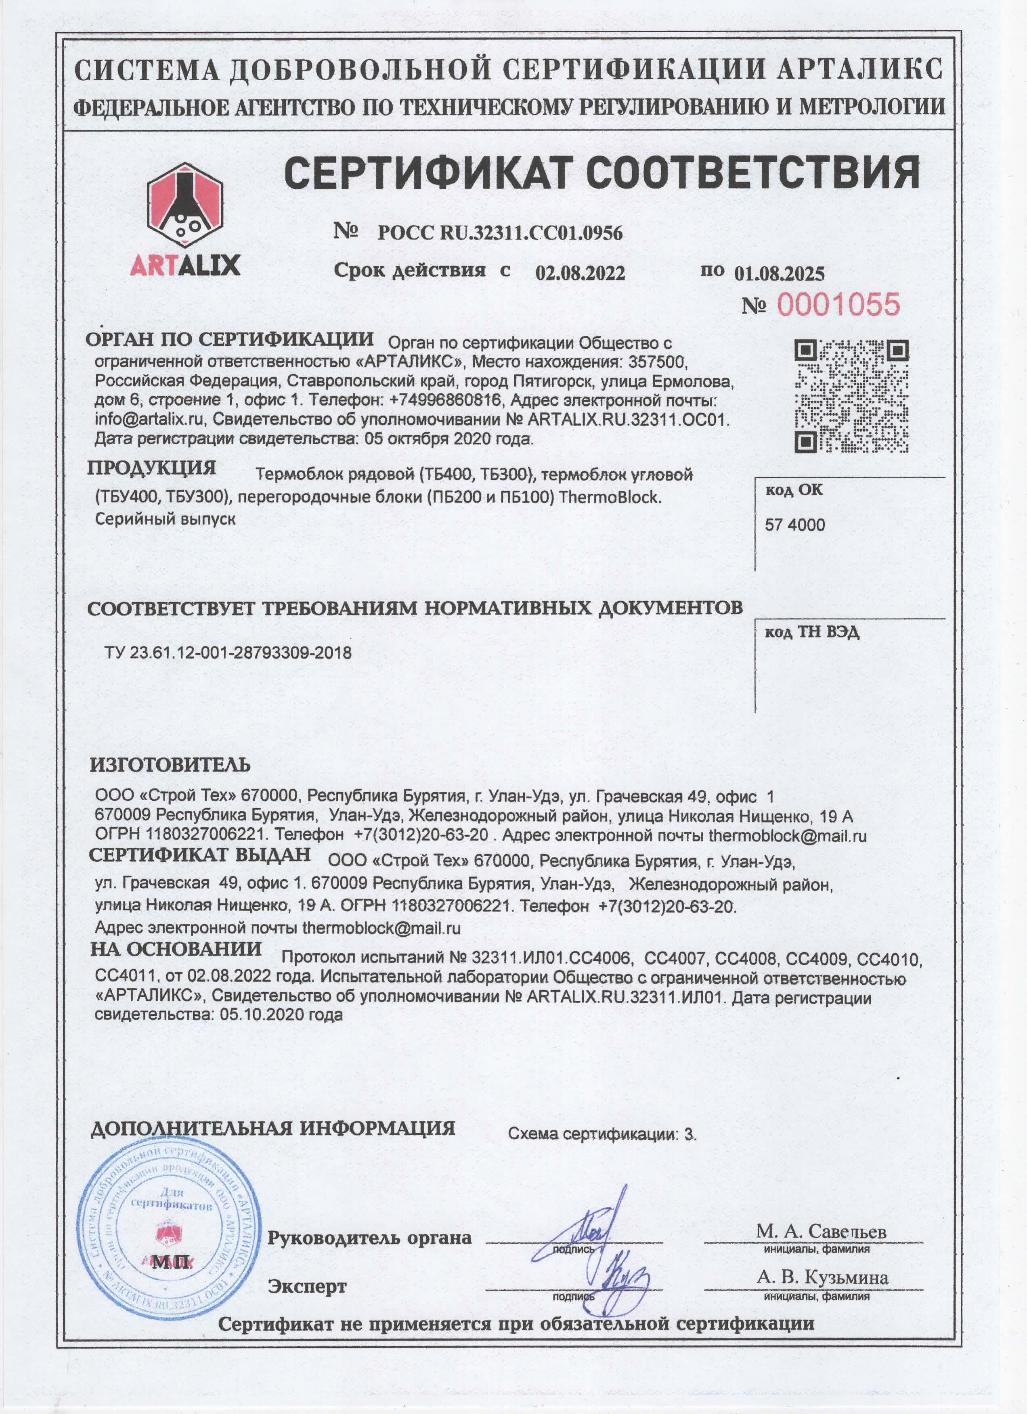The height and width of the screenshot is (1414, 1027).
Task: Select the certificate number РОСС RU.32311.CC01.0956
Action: [x=500, y=233]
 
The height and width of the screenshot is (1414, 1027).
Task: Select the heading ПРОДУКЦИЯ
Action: [x=151, y=468]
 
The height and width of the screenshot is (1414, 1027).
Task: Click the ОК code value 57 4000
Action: [x=794, y=525]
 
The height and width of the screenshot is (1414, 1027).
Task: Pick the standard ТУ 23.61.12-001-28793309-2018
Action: [x=228, y=653]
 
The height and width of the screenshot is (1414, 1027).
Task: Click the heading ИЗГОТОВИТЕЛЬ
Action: [x=170, y=764]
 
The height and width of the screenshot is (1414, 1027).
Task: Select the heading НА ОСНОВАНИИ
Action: [x=176, y=949]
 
